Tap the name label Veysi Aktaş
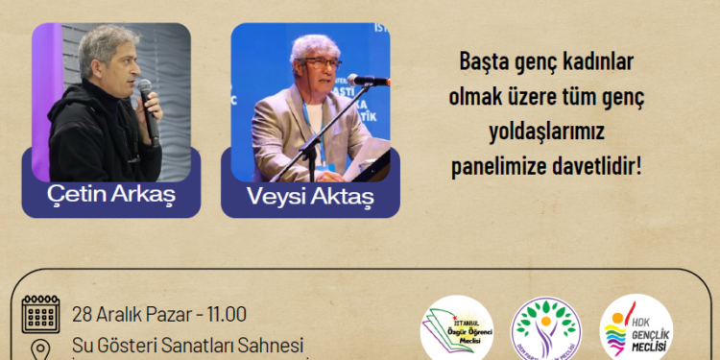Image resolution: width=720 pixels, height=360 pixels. (310, 198)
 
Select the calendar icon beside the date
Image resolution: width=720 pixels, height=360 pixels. (40, 315)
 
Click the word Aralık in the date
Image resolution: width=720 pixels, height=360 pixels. (126, 314)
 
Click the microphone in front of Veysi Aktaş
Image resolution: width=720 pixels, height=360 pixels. (367, 80)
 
